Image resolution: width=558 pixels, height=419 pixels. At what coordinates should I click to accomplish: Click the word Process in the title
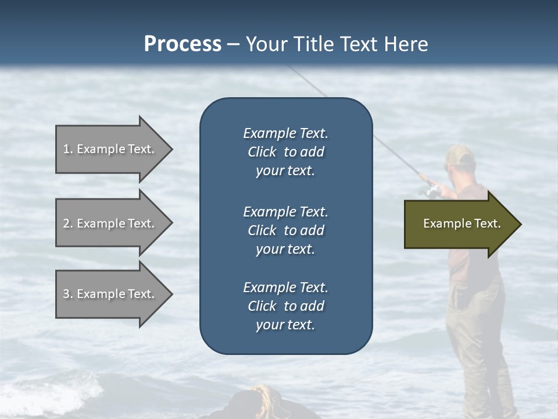(x=183, y=44)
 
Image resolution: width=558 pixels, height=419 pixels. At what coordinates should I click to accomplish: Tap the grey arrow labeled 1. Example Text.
(x=110, y=149)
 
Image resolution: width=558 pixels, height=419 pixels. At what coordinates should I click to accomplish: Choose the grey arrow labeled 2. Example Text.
(x=110, y=223)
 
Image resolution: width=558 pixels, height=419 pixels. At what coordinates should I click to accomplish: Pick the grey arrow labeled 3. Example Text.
(x=110, y=294)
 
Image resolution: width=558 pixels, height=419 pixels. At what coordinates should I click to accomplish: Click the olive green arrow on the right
(x=459, y=224)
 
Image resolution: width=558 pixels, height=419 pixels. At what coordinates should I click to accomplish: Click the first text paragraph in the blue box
(x=285, y=152)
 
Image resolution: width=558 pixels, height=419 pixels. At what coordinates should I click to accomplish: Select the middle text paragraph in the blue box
(x=285, y=230)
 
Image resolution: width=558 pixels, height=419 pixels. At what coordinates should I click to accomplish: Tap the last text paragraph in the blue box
(x=285, y=306)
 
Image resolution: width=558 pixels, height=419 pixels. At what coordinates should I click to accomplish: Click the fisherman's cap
(x=461, y=155)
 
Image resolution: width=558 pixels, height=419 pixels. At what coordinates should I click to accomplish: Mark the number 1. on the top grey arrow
(x=68, y=149)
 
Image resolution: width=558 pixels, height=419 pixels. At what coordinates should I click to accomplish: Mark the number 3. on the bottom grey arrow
(x=68, y=294)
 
